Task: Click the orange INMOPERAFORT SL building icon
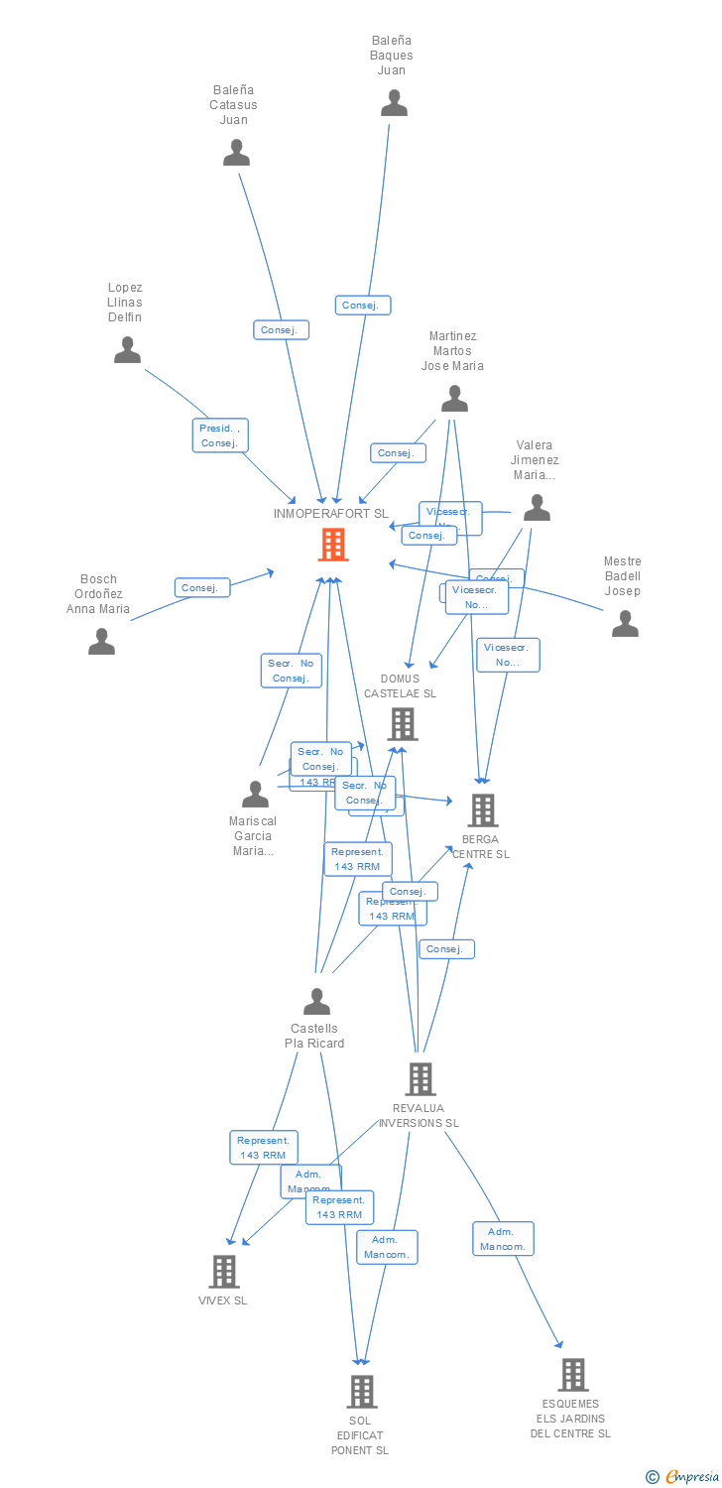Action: coord(333,545)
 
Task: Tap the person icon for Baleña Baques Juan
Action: coord(394,103)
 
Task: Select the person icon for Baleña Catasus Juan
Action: coord(236,153)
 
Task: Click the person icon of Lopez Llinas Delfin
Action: coord(127,350)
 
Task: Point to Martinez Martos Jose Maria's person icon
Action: coord(454,399)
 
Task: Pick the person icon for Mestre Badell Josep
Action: coord(625,624)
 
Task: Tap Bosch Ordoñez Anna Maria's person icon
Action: coord(101,642)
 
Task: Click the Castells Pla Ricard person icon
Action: coord(316,1002)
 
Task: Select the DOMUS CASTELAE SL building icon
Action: coord(403,724)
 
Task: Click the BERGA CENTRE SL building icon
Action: coord(482,810)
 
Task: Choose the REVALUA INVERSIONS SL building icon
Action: coord(421,1079)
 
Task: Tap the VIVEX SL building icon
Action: coord(224,1272)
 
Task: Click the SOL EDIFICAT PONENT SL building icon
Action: coord(362,1392)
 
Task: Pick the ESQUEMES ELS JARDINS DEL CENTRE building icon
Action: coord(572,1375)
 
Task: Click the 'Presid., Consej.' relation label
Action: coord(220,435)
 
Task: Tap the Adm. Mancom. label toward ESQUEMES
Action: coord(503,1239)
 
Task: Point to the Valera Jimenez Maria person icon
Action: coord(537,508)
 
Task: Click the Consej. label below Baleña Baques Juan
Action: coord(363,306)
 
